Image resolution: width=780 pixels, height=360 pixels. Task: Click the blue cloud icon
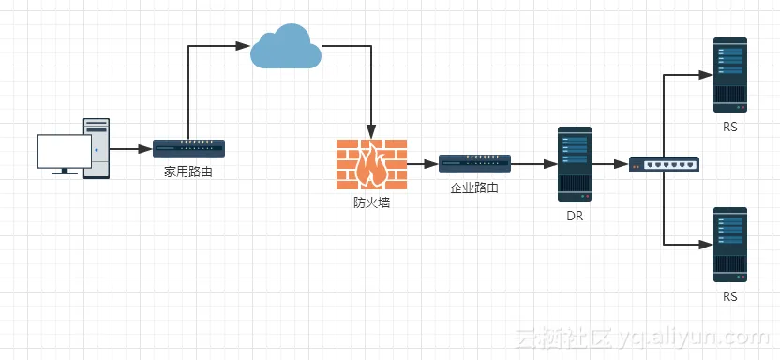coord(287,47)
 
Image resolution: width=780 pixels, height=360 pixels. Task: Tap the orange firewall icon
coord(372,164)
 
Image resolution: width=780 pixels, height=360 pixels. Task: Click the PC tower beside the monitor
coord(97,147)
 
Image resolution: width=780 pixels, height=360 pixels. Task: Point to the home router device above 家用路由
coord(188,148)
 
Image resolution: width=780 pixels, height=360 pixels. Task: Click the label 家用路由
coord(188,172)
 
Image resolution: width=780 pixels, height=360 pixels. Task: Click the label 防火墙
coord(372,202)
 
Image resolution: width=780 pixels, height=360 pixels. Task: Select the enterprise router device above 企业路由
coord(474,164)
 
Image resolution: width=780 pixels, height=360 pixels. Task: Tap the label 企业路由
coord(474,187)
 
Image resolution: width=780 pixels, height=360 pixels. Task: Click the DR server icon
coord(575,164)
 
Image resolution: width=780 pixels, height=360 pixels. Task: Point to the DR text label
coord(575,216)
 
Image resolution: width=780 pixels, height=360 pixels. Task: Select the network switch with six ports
coord(664,164)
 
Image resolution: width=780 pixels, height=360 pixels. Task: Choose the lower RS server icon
coord(730,245)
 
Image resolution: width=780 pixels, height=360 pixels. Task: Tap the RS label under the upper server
coord(730,127)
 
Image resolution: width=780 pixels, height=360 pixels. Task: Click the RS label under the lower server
coord(730,296)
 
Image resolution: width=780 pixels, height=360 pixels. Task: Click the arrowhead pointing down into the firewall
coord(372,133)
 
